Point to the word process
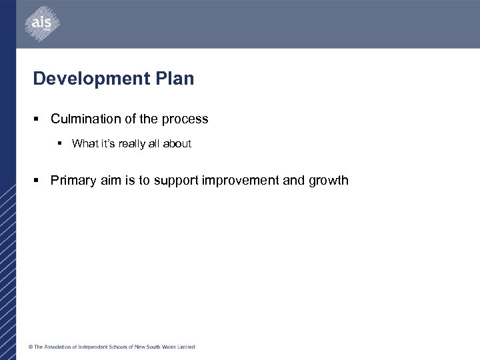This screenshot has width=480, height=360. point(187,119)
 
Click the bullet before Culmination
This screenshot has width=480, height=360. point(38,120)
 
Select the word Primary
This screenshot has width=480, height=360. point(73,180)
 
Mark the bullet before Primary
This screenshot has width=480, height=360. point(38,181)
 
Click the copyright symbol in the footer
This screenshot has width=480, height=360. point(30,347)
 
